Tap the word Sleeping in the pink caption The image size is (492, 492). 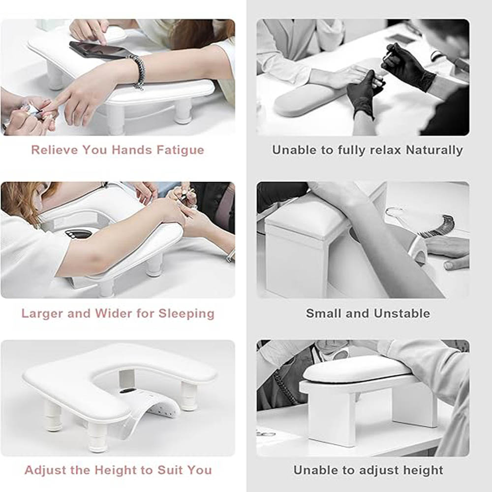(x=186, y=313)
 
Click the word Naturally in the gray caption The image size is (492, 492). (x=434, y=150)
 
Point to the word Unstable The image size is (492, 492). (x=402, y=313)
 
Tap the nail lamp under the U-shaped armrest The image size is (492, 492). (x=148, y=408)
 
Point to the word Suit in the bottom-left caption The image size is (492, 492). (x=170, y=470)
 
